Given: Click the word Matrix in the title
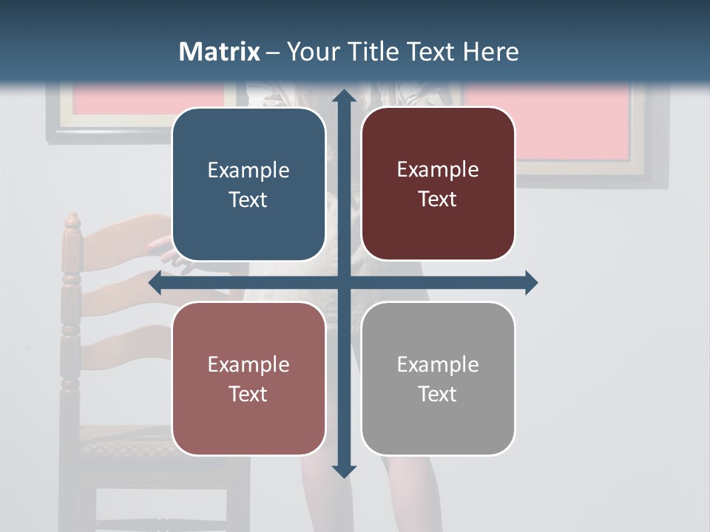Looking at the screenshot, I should point(220,52).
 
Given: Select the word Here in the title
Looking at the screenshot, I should point(490,52).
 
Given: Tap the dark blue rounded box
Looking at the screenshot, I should point(248,185).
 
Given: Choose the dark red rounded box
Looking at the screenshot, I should point(438,184).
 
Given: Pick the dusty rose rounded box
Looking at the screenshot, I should point(248,378).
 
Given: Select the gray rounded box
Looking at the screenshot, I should point(438,378).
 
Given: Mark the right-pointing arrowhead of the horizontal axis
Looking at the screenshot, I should point(530,283).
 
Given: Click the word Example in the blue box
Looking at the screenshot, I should point(248,171).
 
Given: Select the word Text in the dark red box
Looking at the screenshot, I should point(438,199).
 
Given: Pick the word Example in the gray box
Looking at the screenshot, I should point(438,364).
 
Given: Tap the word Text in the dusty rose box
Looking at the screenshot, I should point(248,394).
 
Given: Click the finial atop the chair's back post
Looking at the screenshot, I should point(72,220).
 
